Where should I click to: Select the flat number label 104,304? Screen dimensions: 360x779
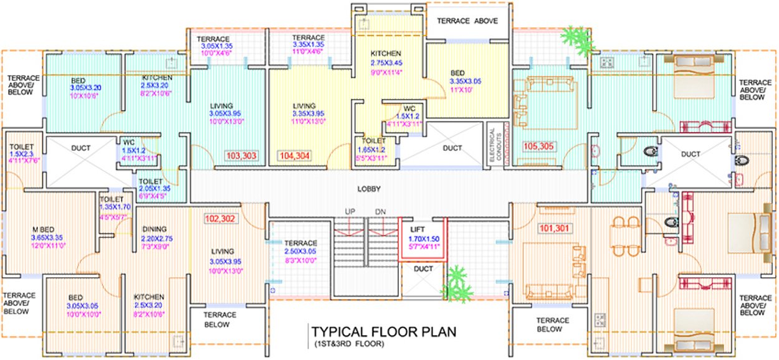(x=295, y=155)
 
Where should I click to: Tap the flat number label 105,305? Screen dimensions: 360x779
(x=538, y=147)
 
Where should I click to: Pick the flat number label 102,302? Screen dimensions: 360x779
(x=219, y=219)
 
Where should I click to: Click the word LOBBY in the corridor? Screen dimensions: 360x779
(x=370, y=189)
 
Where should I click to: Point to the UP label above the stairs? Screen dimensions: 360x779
(x=350, y=212)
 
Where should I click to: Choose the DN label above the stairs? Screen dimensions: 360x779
(x=381, y=212)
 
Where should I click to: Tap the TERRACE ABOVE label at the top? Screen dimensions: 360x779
(x=467, y=21)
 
